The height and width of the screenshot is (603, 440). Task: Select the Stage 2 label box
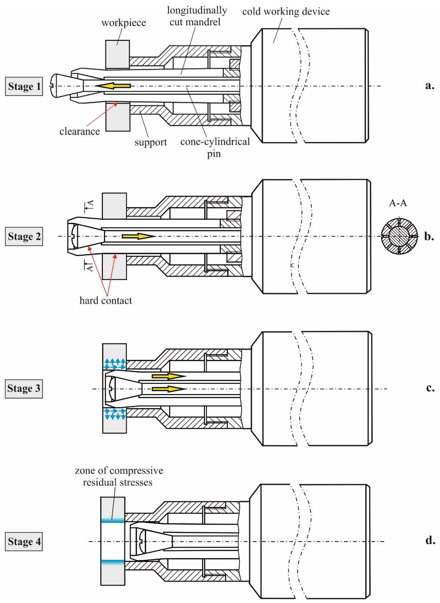24,236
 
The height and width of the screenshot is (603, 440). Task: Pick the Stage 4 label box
24,541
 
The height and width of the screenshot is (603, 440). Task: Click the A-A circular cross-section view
398,236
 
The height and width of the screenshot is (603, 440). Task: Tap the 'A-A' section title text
398,203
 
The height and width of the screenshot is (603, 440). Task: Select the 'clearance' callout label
80,131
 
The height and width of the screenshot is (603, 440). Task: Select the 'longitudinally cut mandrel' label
197,16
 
